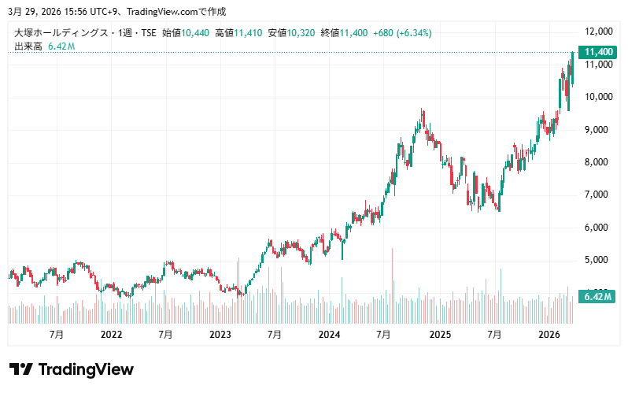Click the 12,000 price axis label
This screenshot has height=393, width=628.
(599, 32)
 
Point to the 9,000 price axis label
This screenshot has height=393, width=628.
(599, 129)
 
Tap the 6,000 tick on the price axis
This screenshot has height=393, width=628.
(599, 227)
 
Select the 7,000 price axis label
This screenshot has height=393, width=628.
(599, 195)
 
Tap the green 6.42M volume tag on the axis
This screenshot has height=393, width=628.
(595, 296)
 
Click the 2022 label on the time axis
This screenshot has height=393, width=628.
(111, 334)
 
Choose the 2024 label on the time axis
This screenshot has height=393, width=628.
(329, 334)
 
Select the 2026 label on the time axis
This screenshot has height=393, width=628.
(548, 334)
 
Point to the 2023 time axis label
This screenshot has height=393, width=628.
(220, 334)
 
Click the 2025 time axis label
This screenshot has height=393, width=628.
(439, 334)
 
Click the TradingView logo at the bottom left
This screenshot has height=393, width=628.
(71, 369)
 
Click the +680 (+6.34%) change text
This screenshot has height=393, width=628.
(401, 33)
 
